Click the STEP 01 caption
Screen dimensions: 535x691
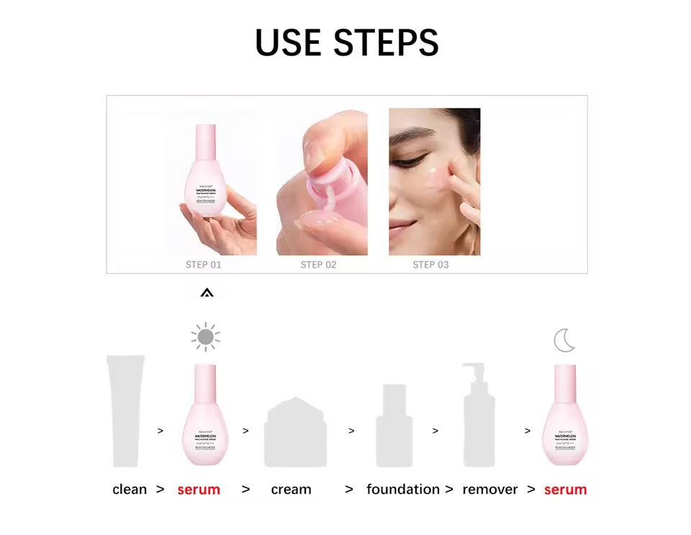coord(204,265)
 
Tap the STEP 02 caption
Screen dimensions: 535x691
coord(318,265)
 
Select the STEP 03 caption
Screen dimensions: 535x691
coord(430,265)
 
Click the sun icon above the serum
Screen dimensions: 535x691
coord(205,337)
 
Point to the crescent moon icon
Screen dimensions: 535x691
coord(564,340)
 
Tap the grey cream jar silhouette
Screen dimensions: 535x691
coord(296,432)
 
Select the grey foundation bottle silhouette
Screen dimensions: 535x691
coord(394,426)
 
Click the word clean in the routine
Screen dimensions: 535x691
coord(130,490)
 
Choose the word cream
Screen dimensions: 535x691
coord(292,490)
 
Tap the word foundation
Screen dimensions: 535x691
coord(402,490)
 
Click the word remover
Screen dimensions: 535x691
coord(490,490)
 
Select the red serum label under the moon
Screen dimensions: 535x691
coord(565,490)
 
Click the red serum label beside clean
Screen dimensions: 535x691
coord(199,490)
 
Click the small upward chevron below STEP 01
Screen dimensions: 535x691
coord(207,293)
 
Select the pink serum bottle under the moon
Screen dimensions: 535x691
coord(565,417)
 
